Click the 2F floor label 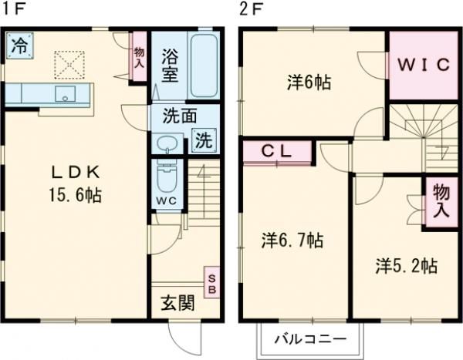pos(251,10)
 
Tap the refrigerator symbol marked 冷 pos(20,45)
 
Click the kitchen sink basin pos(65,94)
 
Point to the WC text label pos(167,202)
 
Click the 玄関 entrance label pos(177,302)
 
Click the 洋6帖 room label pos(309,82)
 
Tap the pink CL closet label pos(278,151)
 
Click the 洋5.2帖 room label pos(407,266)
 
